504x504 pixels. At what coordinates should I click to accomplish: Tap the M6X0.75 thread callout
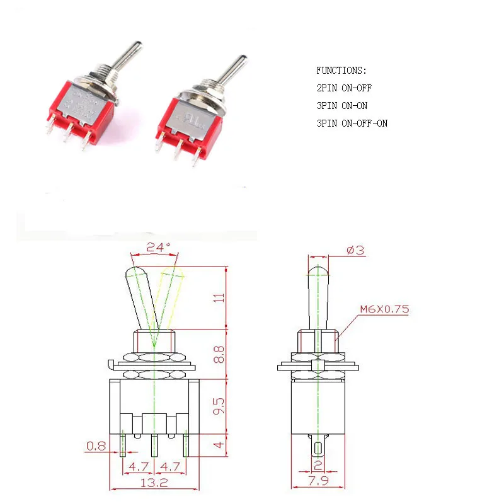385,309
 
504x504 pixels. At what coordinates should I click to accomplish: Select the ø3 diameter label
355,250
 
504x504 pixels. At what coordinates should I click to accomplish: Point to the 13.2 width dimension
154,483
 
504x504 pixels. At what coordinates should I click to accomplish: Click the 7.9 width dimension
318,483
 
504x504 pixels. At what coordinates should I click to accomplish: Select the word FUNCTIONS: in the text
341,71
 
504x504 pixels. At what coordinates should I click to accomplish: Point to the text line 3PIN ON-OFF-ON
352,123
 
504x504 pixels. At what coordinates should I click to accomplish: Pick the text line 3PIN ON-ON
341,106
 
